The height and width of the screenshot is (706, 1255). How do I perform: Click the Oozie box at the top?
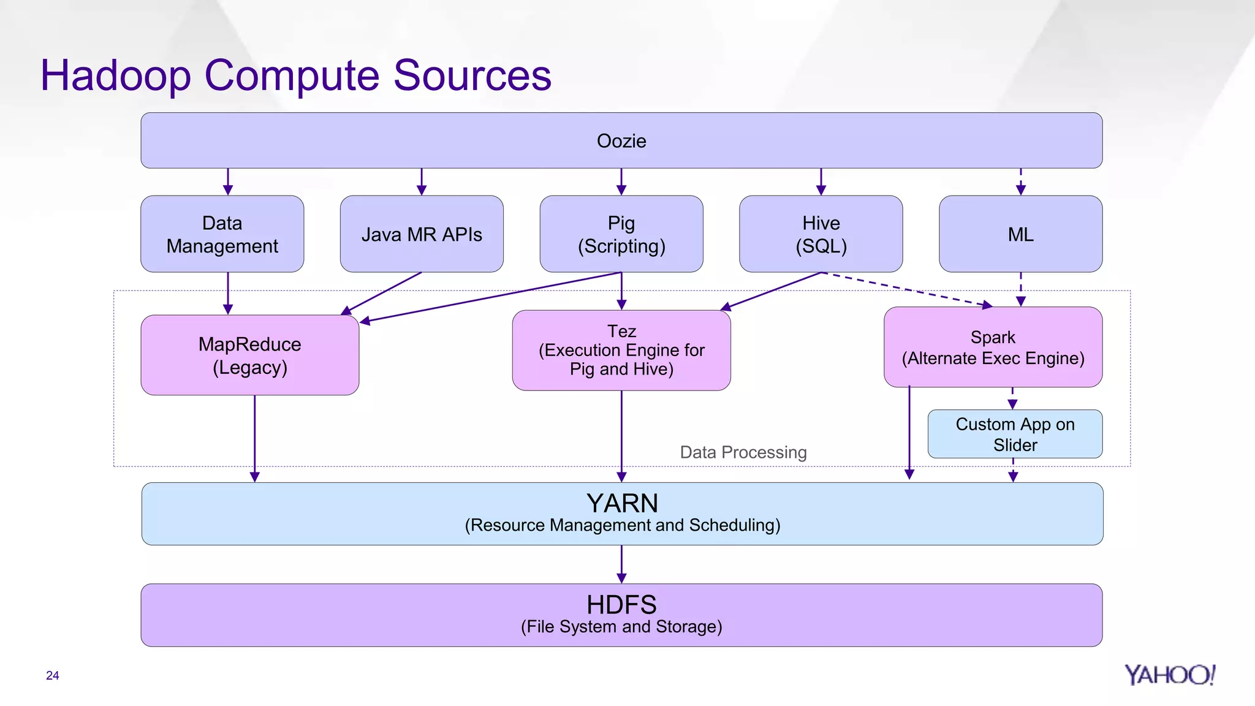pyautogui.click(x=621, y=140)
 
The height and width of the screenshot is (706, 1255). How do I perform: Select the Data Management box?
pyautogui.click(x=222, y=234)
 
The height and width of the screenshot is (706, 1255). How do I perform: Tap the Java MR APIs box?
pyautogui.click(x=422, y=234)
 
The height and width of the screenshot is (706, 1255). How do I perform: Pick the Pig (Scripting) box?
pyautogui.click(x=621, y=234)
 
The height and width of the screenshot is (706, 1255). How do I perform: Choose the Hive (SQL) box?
pyautogui.click(x=821, y=234)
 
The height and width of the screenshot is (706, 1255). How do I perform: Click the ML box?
pyautogui.click(x=1020, y=234)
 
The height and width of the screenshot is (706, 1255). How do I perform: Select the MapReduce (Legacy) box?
pyautogui.click(x=250, y=355)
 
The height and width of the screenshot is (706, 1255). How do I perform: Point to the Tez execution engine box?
pyautogui.click(x=621, y=350)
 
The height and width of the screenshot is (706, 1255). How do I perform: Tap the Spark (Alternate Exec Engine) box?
pyautogui.click(x=993, y=347)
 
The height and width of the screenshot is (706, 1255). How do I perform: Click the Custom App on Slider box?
pyautogui.click(x=1015, y=434)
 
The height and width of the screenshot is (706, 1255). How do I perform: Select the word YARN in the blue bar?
pyautogui.click(x=622, y=503)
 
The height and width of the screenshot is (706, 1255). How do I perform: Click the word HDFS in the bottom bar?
pyautogui.click(x=621, y=605)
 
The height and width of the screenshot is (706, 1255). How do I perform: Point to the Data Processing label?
pyautogui.click(x=743, y=452)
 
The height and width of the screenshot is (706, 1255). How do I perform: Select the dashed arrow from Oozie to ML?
pyautogui.click(x=1020, y=181)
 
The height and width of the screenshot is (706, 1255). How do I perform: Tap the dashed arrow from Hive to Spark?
pyautogui.click(x=907, y=289)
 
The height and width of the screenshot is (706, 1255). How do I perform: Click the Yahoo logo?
pyautogui.click(x=1169, y=675)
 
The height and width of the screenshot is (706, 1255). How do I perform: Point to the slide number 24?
pyautogui.click(x=53, y=675)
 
